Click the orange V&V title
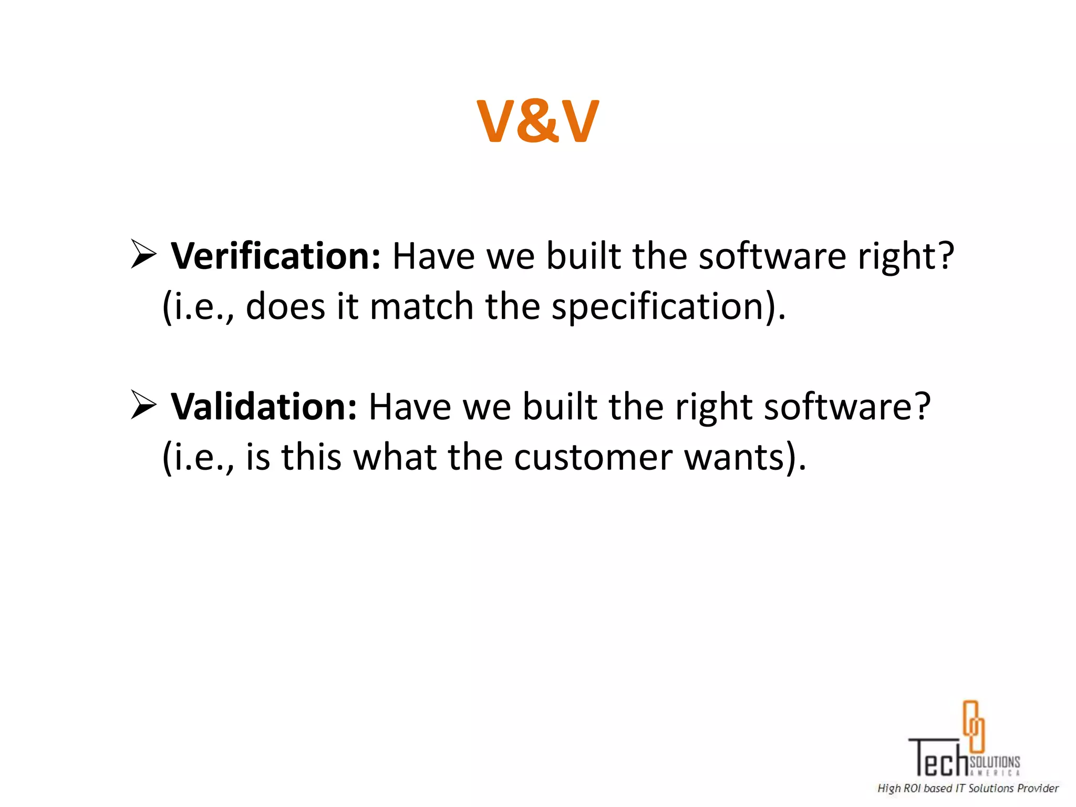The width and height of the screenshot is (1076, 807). [x=537, y=121]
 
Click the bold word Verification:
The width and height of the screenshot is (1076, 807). [x=275, y=256]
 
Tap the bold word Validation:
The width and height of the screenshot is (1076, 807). [x=264, y=407]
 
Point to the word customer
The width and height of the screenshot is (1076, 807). [x=593, y=457]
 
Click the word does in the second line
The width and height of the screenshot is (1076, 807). [x=285, y=306]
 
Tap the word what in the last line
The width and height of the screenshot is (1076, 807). [x=394, y=457]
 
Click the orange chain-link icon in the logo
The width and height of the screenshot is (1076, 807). [x=973, y=726]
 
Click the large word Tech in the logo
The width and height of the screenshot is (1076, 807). [x=938, y=758]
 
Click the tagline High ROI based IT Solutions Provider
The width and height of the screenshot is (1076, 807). [x=968, y=788]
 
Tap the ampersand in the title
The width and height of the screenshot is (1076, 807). [x=537, y=122]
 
